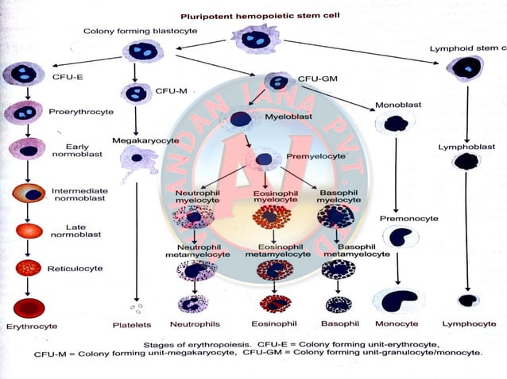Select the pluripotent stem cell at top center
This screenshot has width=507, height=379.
click(256, 39)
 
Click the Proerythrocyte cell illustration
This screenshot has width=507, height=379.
click(25, 112)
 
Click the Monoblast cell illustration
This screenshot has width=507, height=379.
click(395, 124)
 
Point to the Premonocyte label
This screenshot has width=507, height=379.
click(405, 218)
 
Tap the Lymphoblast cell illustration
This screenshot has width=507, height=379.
click(465, 162)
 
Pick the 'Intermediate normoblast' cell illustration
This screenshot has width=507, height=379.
click(29, 193)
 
